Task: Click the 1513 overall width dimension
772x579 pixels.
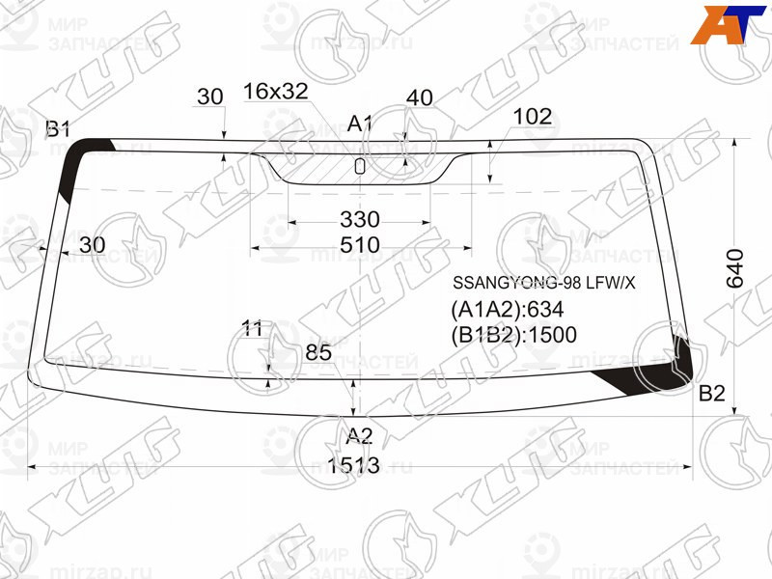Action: click(352, 467)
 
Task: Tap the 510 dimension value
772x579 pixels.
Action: click(359, 245)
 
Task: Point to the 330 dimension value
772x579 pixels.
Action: click(359, 219)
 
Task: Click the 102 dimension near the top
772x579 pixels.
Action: click(532, 117)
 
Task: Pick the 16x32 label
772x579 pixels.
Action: click(275, 92)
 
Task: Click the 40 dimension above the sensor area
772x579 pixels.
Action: click(419, 97)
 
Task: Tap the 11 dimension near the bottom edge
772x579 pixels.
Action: click(253, 329)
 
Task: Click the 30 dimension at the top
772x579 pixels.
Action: click(209, 96)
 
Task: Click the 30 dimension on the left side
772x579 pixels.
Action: click(92, 245)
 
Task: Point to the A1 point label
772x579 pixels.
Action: click(360, 124)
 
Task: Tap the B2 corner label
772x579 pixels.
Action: click(711, 393)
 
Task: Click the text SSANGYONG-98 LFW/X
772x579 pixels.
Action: click(545, 284)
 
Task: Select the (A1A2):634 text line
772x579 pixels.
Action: click(507, 310)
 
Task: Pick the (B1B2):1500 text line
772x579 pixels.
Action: click(513, 336)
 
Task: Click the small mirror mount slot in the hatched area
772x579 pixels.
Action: click(360, 165)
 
